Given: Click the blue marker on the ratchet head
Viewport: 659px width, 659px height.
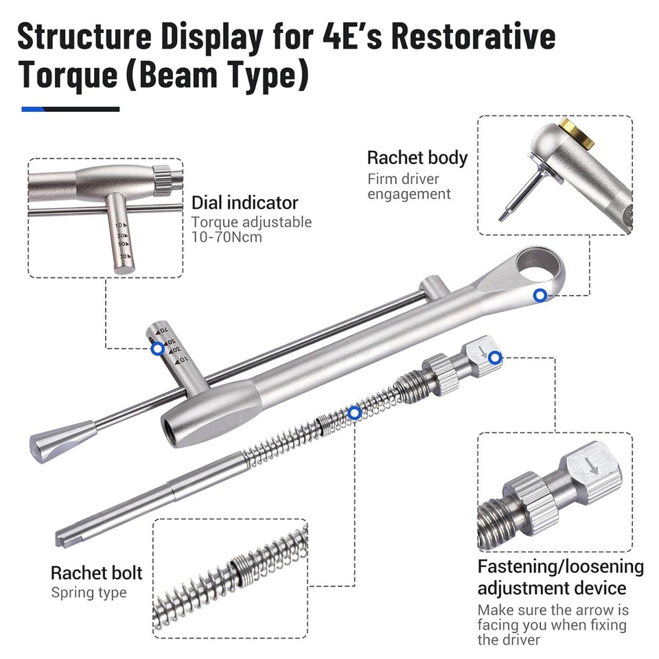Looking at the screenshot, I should click(x=540, y=296).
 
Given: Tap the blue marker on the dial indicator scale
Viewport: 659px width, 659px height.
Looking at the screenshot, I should click(x=157, y=349).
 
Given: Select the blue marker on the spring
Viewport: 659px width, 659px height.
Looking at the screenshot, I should click(x=354, y=413).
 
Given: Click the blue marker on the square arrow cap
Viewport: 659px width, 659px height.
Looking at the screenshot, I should click(x=496, y=357).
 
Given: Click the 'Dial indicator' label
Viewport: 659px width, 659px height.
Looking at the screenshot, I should click(x=244, y=203).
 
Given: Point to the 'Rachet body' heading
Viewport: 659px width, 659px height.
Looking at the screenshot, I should click(x=417, y=157).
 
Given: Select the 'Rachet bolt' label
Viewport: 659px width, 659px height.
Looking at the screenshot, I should click(x=97, y=573).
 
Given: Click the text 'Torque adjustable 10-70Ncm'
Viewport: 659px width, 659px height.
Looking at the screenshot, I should click(x=251, y=229).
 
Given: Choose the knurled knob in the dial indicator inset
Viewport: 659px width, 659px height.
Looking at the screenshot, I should click(x=165, y=181).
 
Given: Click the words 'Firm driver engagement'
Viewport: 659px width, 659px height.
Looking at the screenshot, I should click(x=409, y=187).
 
